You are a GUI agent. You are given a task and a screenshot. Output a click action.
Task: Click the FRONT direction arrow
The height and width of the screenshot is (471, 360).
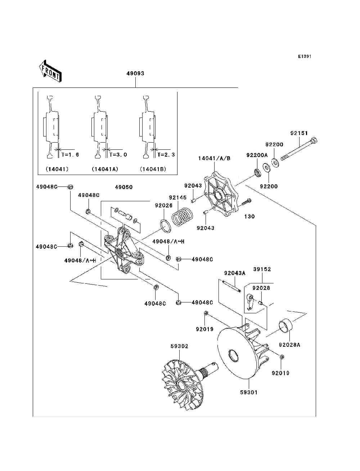point(50,71)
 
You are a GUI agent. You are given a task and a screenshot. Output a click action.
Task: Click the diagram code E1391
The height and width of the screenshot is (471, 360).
point(305,57)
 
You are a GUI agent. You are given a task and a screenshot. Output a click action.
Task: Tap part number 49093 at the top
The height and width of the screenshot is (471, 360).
point(135,73)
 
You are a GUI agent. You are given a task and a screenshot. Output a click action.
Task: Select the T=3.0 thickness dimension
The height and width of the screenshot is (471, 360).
point(118,154)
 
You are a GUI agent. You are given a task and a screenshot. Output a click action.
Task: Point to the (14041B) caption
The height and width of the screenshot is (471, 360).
point(153,169)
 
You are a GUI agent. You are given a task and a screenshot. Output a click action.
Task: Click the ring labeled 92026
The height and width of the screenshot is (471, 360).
point(166,226)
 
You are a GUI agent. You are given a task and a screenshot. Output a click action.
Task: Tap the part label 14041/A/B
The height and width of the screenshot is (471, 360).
point(214,158)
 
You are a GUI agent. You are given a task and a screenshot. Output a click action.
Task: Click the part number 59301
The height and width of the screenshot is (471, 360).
point(248,392)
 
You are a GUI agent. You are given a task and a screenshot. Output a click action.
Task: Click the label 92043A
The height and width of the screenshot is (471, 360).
point(235,273)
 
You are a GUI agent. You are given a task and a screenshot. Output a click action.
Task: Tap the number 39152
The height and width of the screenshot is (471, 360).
point(262,269)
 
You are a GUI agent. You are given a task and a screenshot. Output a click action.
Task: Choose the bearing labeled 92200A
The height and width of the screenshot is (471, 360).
point(257,173)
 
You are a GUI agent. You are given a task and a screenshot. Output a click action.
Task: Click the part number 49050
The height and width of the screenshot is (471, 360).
point(124,187)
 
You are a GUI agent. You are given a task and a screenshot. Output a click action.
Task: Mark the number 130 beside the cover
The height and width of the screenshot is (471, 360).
point(249,216)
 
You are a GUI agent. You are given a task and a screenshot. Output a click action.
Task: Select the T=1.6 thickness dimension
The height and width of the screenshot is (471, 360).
point(70,154)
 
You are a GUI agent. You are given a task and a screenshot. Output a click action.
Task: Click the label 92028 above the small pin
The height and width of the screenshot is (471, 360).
point(261,288)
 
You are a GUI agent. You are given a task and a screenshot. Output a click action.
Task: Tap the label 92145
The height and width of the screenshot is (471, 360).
point(177,197)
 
